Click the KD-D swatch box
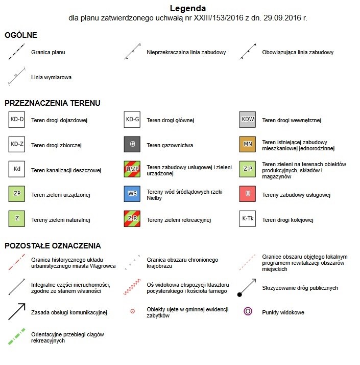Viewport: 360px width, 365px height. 17,120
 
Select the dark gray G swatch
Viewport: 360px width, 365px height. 133,145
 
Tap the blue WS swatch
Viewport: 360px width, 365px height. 133,194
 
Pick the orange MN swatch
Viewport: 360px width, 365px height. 248,144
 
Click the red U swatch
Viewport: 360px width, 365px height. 248,194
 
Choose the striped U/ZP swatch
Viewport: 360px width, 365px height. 133,169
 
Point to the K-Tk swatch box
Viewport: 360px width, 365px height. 248,219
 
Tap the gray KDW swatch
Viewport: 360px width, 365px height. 248,120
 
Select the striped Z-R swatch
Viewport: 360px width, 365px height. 133,219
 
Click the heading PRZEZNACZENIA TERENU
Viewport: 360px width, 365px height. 52,103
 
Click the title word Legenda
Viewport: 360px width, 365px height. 187,8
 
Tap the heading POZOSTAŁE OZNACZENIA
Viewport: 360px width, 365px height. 53,245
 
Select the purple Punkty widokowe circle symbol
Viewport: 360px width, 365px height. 248,311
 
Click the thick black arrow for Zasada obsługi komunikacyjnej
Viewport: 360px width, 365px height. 17,311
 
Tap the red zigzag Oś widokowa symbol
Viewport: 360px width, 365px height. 133,287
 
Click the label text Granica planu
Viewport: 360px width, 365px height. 48,52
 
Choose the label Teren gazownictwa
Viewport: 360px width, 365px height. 170,145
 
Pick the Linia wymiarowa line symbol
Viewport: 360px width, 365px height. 17,77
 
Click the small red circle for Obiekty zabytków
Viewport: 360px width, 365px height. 133,311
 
